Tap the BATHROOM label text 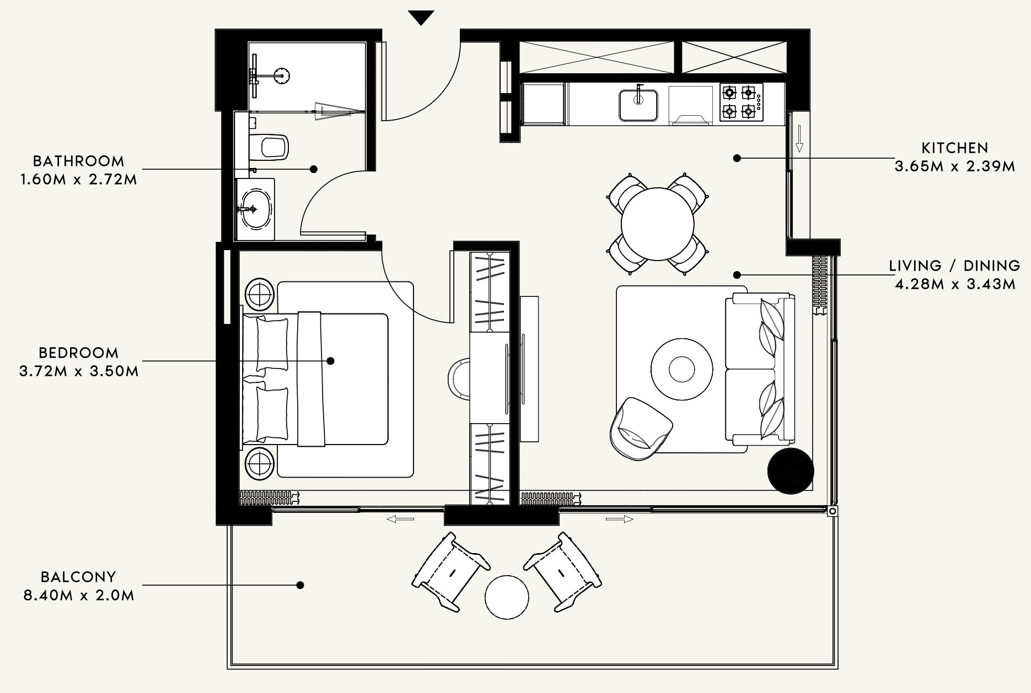pos(79,161)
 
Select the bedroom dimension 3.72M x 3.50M pos(79,371)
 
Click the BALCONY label pos(79,577)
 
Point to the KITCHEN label pos(955,148)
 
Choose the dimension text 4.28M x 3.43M pos(955,284)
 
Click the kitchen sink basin pos(638,105)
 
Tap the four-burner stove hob pos(741,102)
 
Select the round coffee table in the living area pos(681,368)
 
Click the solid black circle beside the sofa pos(791,472)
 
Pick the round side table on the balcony pos(507,597)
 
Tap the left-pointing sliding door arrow pos(400,519)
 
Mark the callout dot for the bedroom pos(331,361)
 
